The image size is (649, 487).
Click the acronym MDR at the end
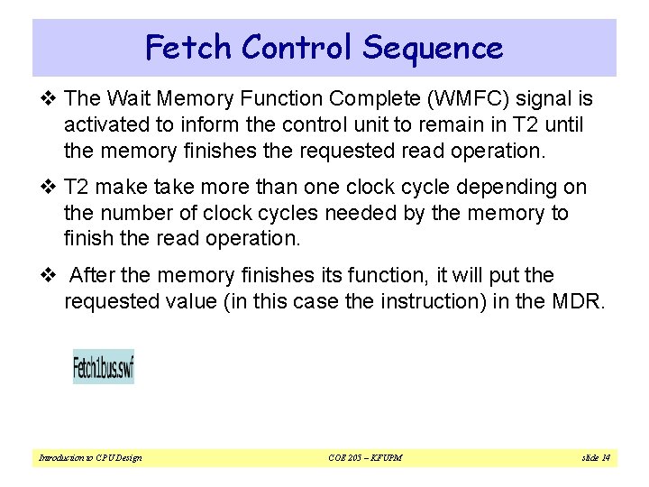click(578, 301)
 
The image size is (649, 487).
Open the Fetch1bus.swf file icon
click(104, 367)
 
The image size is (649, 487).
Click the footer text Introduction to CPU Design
click(90, 458)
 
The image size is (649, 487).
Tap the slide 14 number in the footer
click(596, 458)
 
